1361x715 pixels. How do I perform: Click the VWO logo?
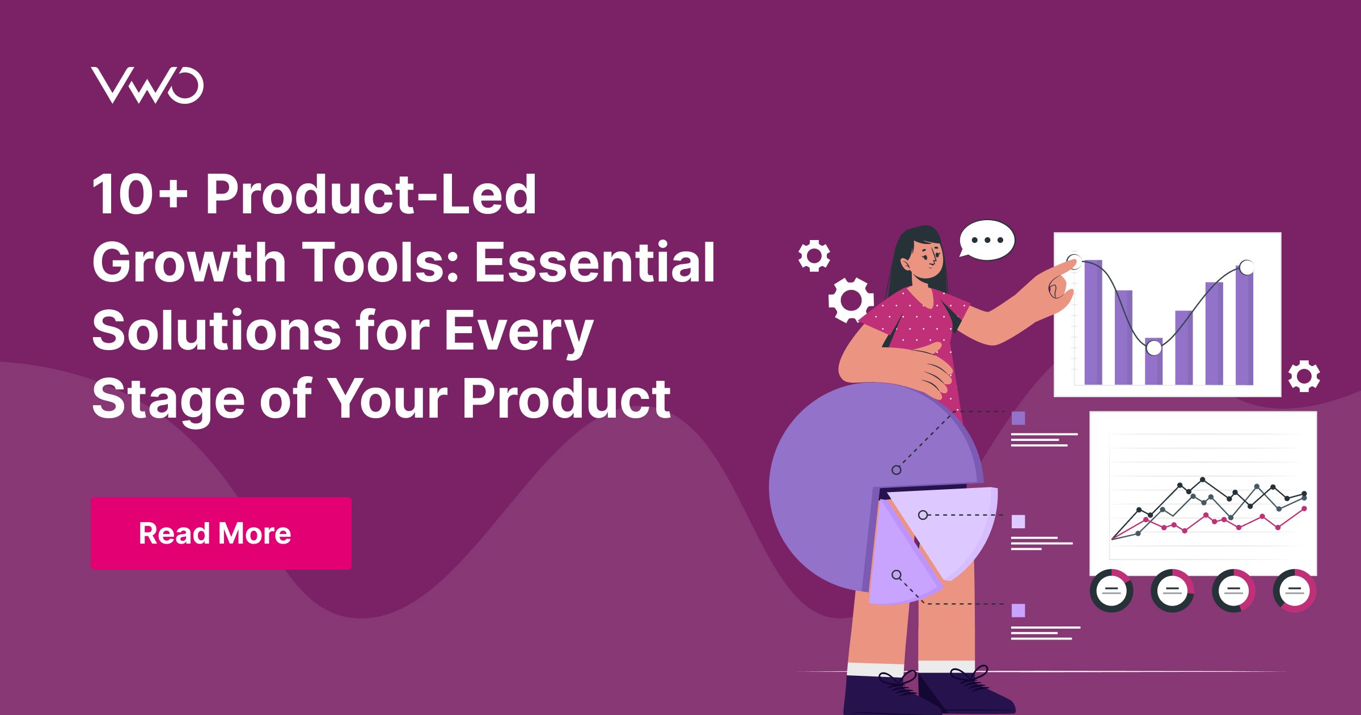tap(147, 85)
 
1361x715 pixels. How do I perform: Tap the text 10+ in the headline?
tap(140, 195)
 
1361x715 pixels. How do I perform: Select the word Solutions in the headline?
tap(216, 330)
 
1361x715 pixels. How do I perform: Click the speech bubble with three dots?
tap(987, 240)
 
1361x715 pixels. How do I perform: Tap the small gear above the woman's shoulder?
tap(814, 256)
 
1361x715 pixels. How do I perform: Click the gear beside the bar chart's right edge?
tap(1304, 376)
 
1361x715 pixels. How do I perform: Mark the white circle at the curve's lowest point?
tap(1154, 347)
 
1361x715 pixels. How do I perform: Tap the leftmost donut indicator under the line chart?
tap(1111, 591)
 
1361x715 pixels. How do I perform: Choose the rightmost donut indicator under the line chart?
tap(1295, 591)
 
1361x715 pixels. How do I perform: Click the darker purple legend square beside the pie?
tap(1018, 418)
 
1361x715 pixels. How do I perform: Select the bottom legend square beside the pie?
tap(1018, 611)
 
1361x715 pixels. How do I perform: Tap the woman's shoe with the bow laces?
tap(964, 692)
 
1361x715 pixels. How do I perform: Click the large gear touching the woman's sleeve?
tap(850, 300)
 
